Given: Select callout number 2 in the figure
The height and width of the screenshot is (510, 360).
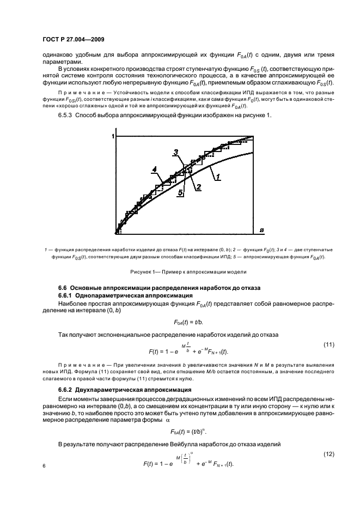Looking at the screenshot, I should [x=199, y=187].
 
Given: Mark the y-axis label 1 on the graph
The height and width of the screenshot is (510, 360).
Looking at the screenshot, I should [x=112, y=136].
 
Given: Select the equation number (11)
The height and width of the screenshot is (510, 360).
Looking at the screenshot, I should [x=328, y=345].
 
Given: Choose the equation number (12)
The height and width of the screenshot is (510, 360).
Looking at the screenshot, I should [x=328, y=454].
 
